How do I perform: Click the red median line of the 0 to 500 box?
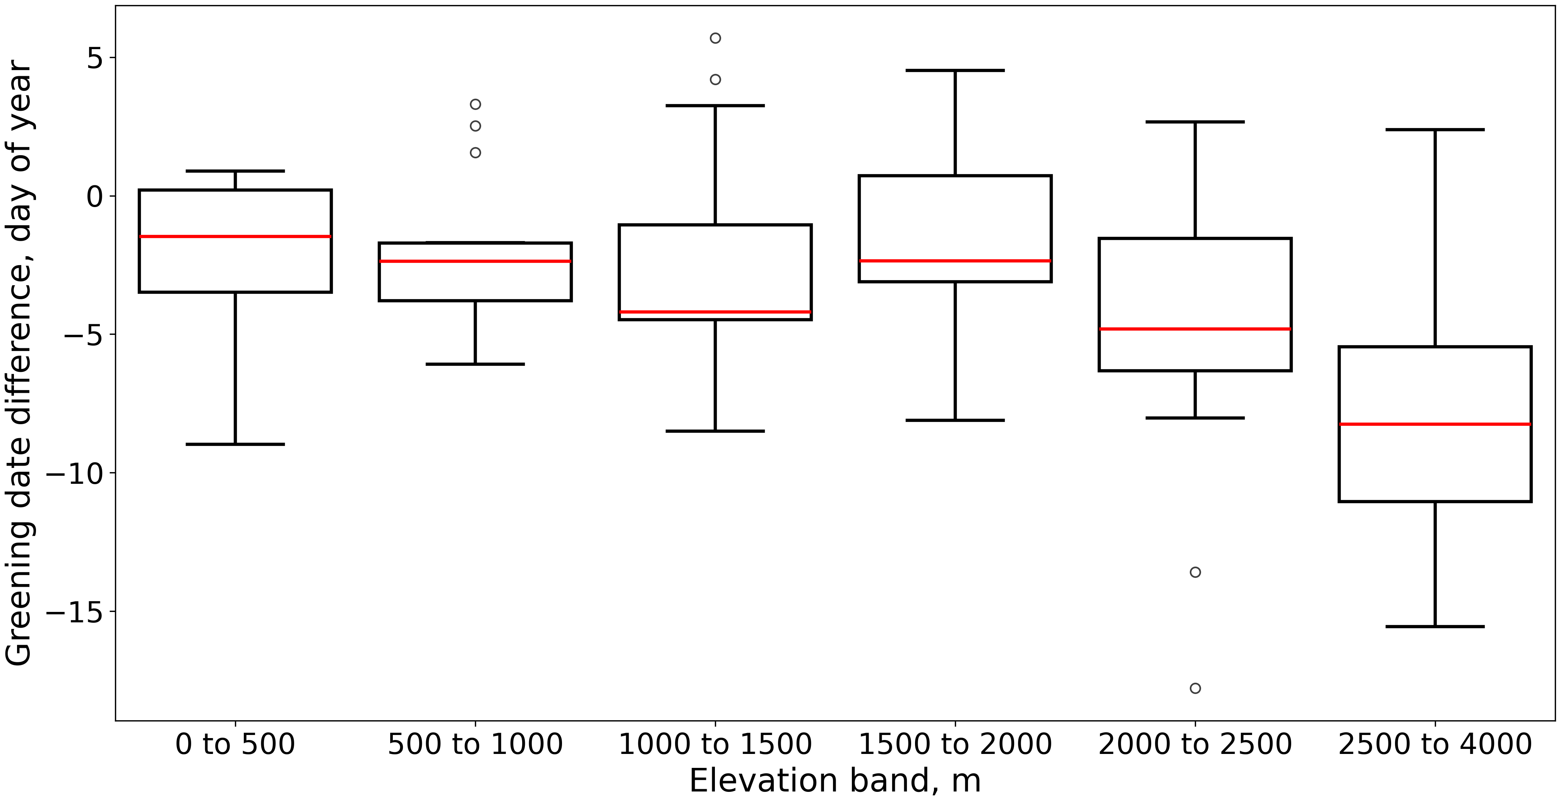pos(235,236)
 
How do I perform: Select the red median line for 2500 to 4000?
pos(1435,424)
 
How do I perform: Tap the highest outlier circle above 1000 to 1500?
pos(715,38)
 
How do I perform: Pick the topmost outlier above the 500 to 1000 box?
pos(475,104)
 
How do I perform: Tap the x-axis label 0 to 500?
pos(235,744)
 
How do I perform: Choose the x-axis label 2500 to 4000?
pos(1435,744)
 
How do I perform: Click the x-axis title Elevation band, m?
pos(835,781)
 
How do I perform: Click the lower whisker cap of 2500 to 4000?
pos(1435,626)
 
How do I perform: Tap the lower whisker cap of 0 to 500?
pos(235,444)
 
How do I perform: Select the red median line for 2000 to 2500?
pos(1195,329)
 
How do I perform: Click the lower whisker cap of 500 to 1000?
pos(475,364)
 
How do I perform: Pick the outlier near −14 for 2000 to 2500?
pos(1195,572)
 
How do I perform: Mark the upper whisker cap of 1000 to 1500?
pos(715,105)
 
